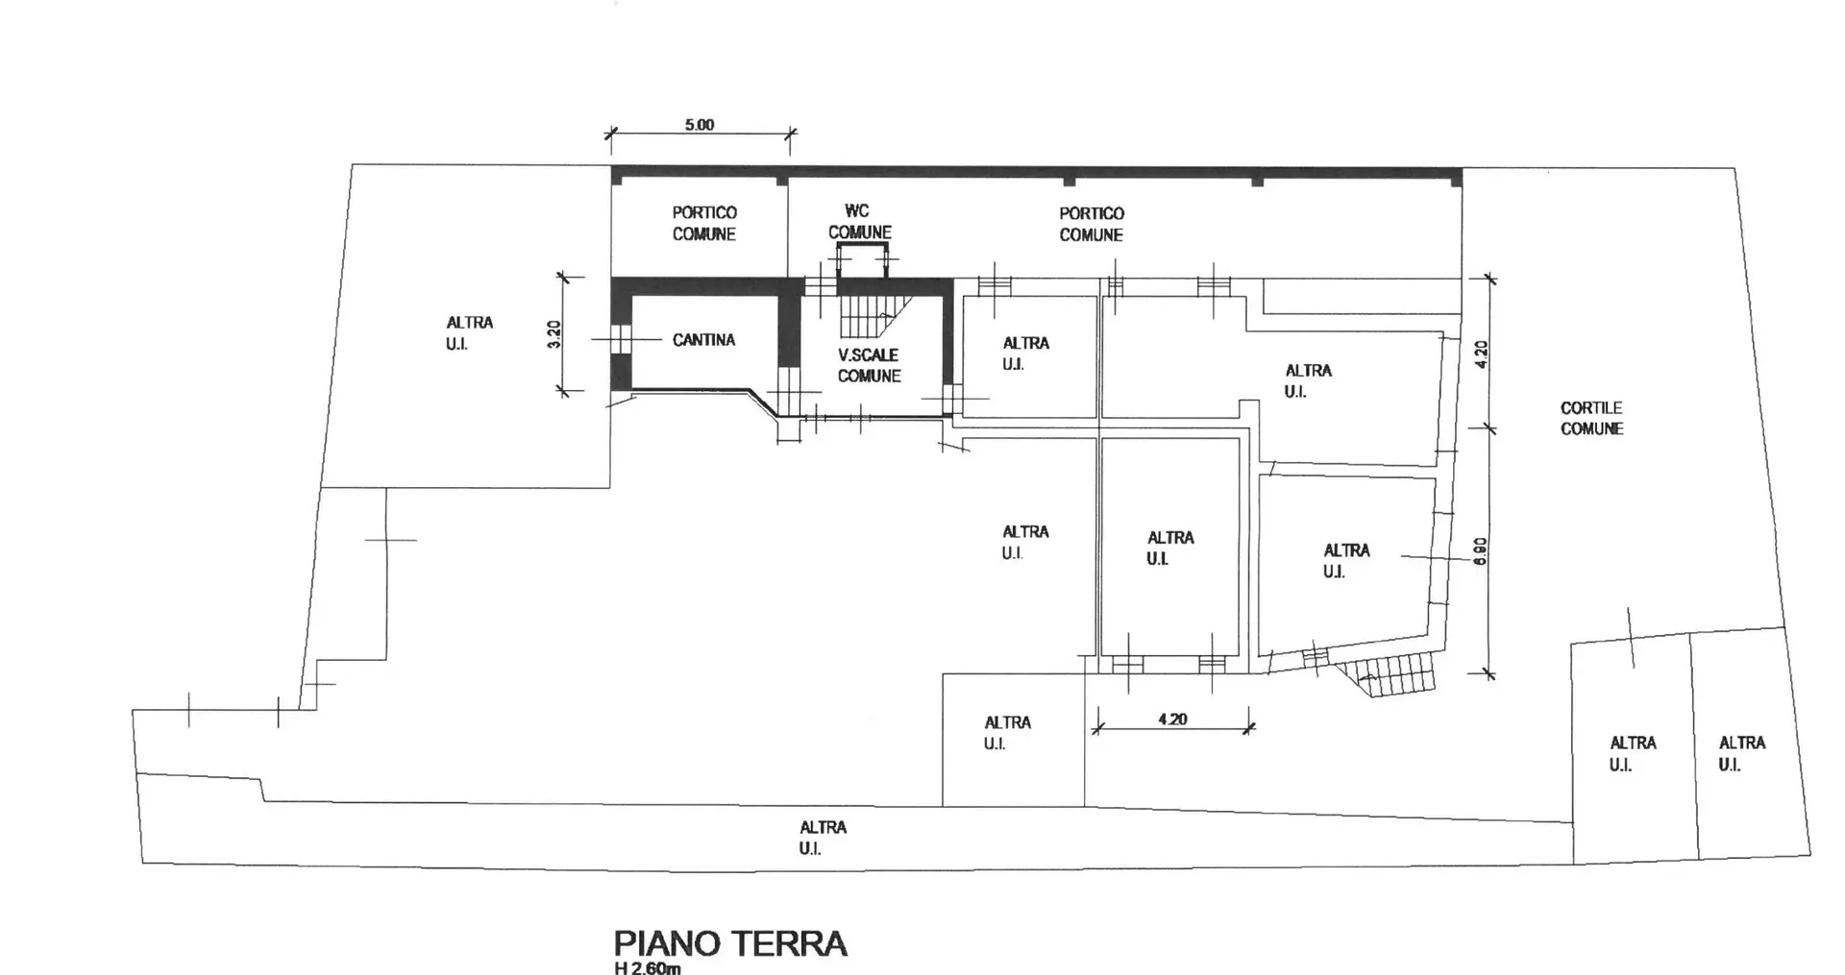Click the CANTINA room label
coord(703,340)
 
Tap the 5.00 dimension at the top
coord(700,125)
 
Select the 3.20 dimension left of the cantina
coord(554,333)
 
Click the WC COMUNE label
coord(859,222)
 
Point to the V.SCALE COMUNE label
coord(869,365)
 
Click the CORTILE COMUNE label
coord(1591,419)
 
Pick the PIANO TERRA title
coord(730,943)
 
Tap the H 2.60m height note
coord(648,967)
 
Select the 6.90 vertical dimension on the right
coord(1481,549)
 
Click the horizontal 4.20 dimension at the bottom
coord(1172,719)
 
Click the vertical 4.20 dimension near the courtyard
coord(1481,353)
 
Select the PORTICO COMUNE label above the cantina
coord(703,223)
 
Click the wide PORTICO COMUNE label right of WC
coord(1091,224)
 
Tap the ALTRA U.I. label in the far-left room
coord(469,333)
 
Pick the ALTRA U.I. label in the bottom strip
coord(823,838)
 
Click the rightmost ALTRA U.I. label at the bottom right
coord(1741,753)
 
